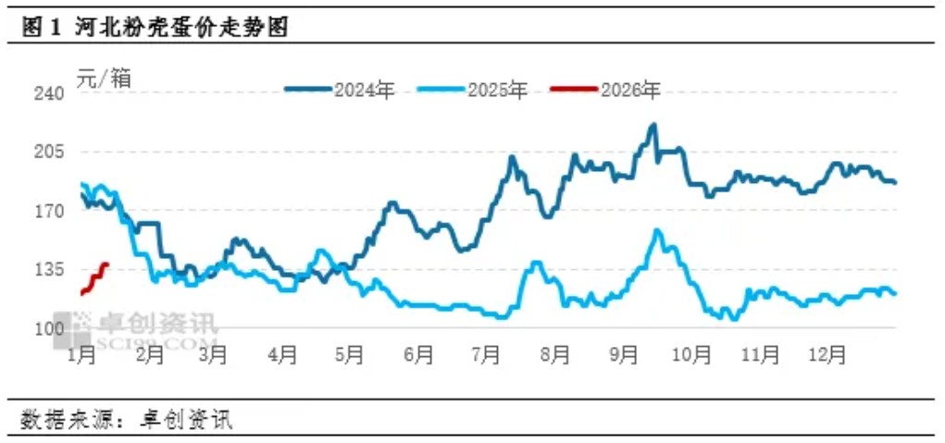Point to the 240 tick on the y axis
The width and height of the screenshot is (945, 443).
(x=49, y=93)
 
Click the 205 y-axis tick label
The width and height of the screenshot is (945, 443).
(x=49, y=152)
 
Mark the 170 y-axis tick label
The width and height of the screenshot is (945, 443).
(x=49, y=211)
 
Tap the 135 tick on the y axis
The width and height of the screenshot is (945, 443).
(x=49, y=269)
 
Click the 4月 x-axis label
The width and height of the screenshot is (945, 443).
(x=283, y=354)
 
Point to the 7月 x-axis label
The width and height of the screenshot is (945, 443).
(x=486, y=354)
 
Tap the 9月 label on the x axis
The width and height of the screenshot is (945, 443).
(x=624, y=354)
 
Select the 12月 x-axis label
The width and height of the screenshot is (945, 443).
(x=827, y=354)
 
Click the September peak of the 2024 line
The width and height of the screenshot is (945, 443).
(x=653, y=125)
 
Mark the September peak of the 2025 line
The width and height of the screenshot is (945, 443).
(x=657, y=231)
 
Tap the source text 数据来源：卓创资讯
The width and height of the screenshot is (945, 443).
(x=127, y=420)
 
